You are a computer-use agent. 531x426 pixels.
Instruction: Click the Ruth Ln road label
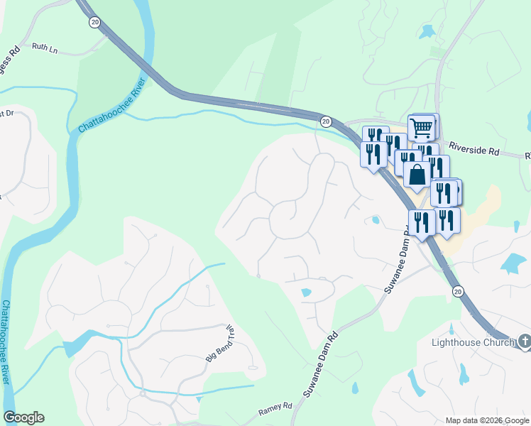pyautogui.click(x=44, y=48)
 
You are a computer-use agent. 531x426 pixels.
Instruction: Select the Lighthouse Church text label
pyautogui.click(x=473, y=343)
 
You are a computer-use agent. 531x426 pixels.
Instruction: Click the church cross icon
pyautogui.click(x=525, y=343)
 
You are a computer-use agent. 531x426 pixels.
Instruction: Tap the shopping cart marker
pyautogui.click(x=422, y=128)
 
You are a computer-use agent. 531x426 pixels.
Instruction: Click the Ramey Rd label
pyautogui.click(x=275, y=408)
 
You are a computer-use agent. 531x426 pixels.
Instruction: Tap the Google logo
pyautogui.click(x=23, y=417)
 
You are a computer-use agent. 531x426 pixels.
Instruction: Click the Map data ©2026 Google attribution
pyautogui.click(x=487, y=420)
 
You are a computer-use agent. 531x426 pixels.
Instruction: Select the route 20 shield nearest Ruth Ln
pyautogui.click(x=94, y=22)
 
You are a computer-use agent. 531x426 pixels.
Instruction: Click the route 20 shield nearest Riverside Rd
pyautogui.click(x=325, y=121)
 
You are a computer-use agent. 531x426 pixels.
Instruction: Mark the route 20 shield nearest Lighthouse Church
pyautogui.click(x=458, y=291)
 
